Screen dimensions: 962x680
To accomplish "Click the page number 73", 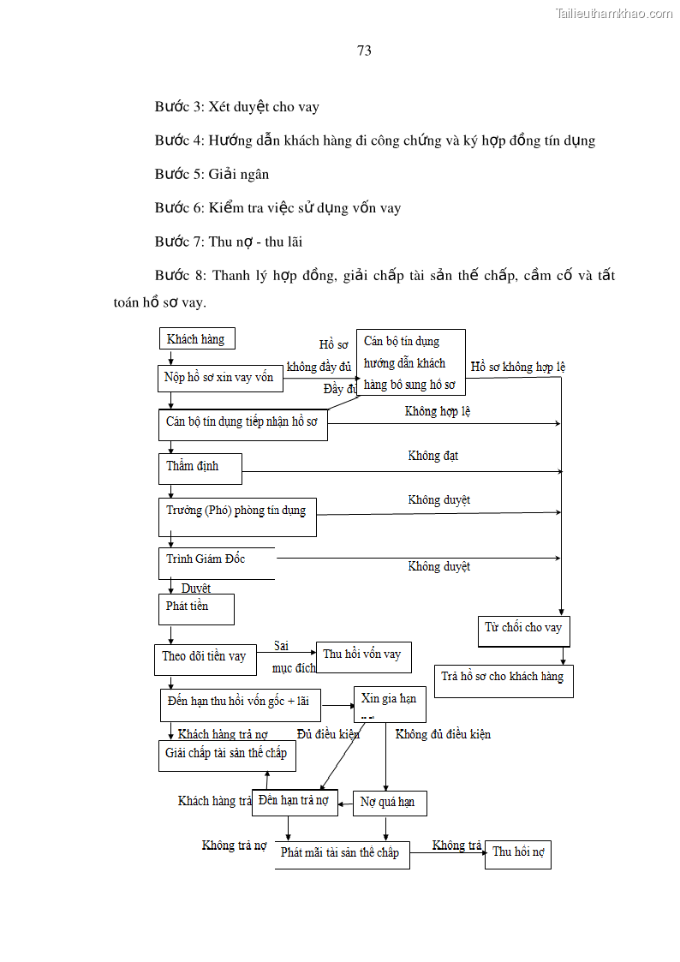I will coord(364,51).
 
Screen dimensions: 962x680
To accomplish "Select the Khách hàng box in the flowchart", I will coord(196,339).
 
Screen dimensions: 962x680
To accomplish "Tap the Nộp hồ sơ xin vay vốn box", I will coord(219,377).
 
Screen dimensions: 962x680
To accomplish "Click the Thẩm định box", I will coord(200,468).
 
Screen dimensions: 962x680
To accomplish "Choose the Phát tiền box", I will coord(195,607).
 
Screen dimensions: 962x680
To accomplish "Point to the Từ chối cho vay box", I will coord(523,629).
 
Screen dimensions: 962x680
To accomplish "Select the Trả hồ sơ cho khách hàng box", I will coord(503,678).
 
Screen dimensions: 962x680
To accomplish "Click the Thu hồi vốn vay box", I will coord(362,655).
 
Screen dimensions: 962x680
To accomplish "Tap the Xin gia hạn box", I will coord(389,702).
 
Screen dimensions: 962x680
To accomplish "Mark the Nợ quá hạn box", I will coord(389,803).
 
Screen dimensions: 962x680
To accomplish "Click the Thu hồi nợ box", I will coord(517,853).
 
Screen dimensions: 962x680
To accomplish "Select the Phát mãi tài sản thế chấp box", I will coord(341,854).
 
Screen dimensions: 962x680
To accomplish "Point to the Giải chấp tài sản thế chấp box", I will coord(227,755).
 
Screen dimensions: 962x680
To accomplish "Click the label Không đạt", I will coord(432,457).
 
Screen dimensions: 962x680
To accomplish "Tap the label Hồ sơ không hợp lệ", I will coord(517,367).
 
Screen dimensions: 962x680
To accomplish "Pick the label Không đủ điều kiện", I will coord(443,735).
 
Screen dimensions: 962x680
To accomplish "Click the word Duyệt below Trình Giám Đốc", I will coord(196,589).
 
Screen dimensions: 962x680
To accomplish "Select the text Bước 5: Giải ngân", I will coord(212,175).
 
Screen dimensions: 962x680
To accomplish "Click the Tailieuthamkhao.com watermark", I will coord(613,14).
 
